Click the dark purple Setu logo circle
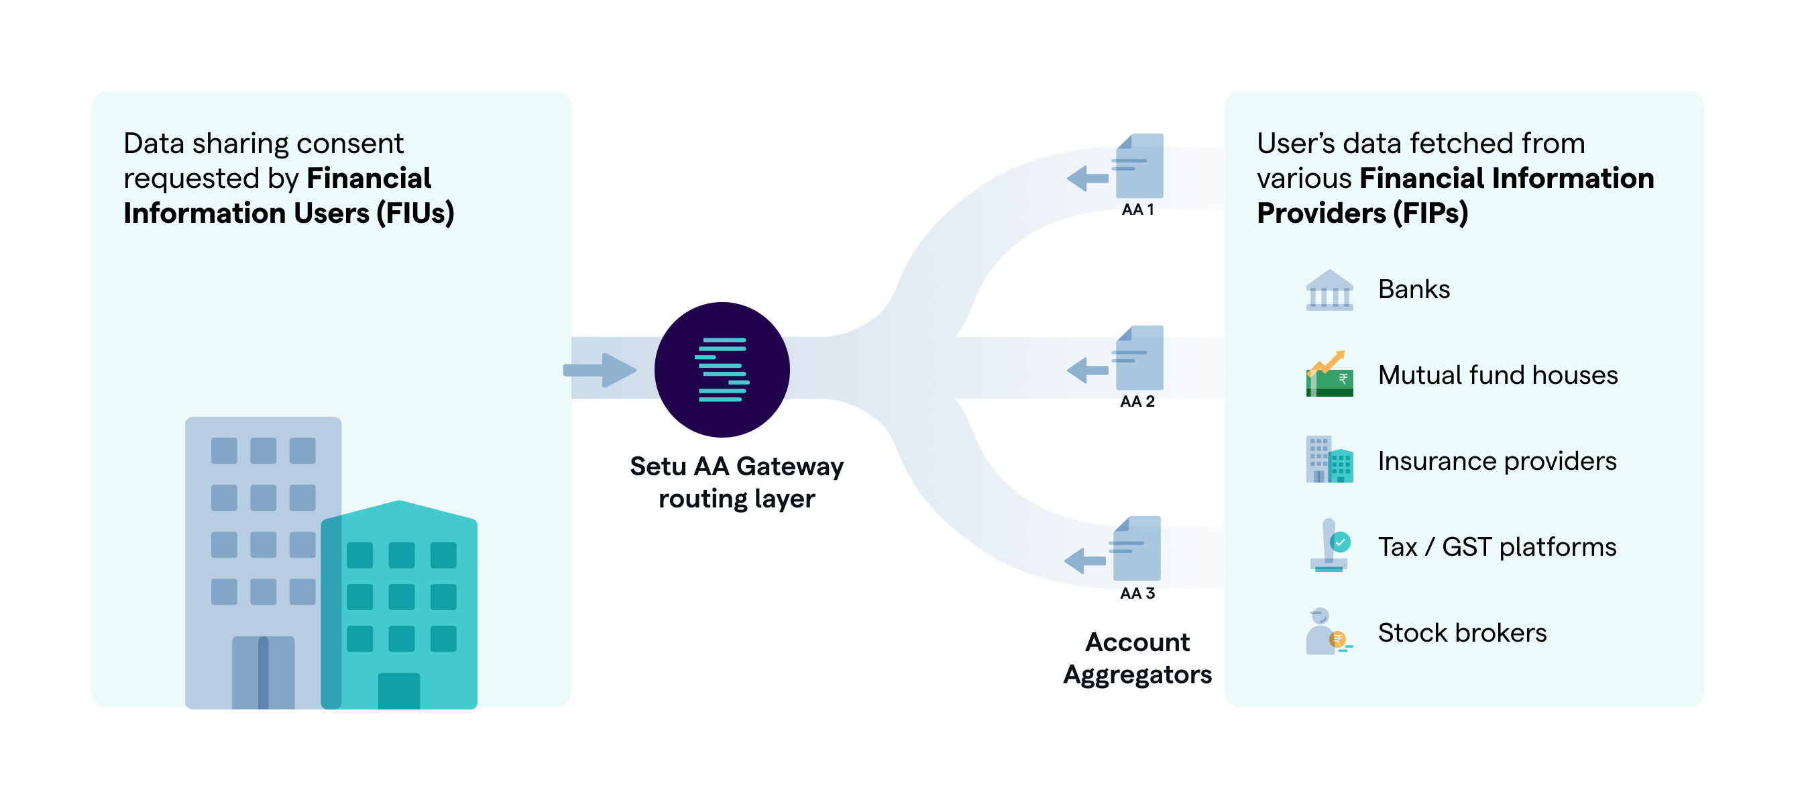722,369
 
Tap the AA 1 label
1137,210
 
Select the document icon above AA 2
1139,358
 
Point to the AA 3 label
1137,593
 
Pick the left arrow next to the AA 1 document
1087,179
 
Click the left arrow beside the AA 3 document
1084,560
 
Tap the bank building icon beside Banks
1329,290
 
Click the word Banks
1414,289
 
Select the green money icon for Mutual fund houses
1329,375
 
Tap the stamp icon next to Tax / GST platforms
1329,546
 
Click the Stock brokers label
1462,633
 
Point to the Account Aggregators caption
1137,658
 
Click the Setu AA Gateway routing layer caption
736,483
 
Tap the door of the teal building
399,691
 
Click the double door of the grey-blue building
263,672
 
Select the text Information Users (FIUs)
288,213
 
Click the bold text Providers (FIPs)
1362,213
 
